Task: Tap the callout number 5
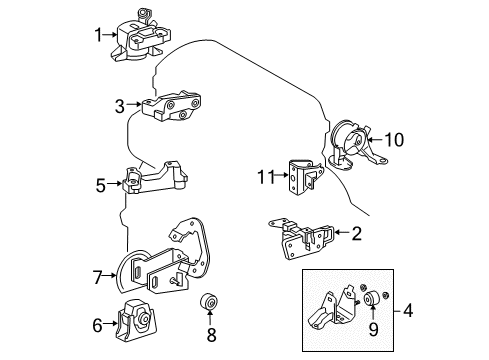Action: click(100, 185)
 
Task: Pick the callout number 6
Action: click(97, 323)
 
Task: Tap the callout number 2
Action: click(356, 233)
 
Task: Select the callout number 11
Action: click(263, 178)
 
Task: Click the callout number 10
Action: click(394, 140)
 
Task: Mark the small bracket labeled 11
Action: click(301, 176)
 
